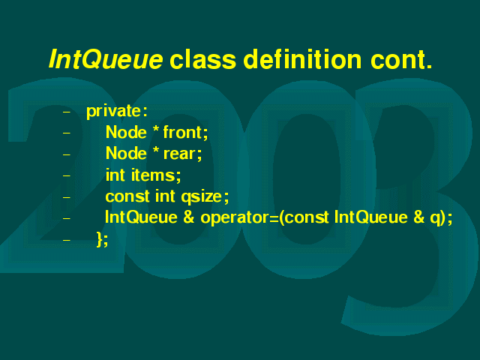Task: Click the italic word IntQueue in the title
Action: pyautogui.click(x=106, y=59)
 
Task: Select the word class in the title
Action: pyautogui.click(x=203, y=59)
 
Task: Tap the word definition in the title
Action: pyautogui.click(x=303, y=58)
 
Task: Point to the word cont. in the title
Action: pyautogui.click(x=401, y=60)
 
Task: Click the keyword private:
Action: pyautogui.click(x=117, y=112)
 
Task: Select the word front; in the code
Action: pyautogui.click(x=185, y=133)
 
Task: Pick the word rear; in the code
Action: pyautogui.click(x=183, y=154)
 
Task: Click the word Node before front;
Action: pyautogui.click(x=126, y=132)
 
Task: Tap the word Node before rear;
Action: pyautogui.click(x=126, y=153)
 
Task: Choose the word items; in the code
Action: pyautogui.click(x=156, y=175)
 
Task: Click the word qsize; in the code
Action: pyautogui.click(x=205, y=196)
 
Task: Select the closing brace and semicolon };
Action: pyautogui.click(x=102, y=239)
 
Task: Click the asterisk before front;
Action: pyautogui.click(x=156, y=130)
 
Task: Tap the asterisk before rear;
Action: pyautogui.click(x=156, y=151)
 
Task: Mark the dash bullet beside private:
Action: pyautogui.click(x=67, y=112)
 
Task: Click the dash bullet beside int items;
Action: pyautogui.click(x=67, y=175)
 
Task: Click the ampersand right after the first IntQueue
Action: pyautogui.click(x=188, y=217)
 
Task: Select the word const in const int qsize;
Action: pyautogui.click(x=127, y=196)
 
